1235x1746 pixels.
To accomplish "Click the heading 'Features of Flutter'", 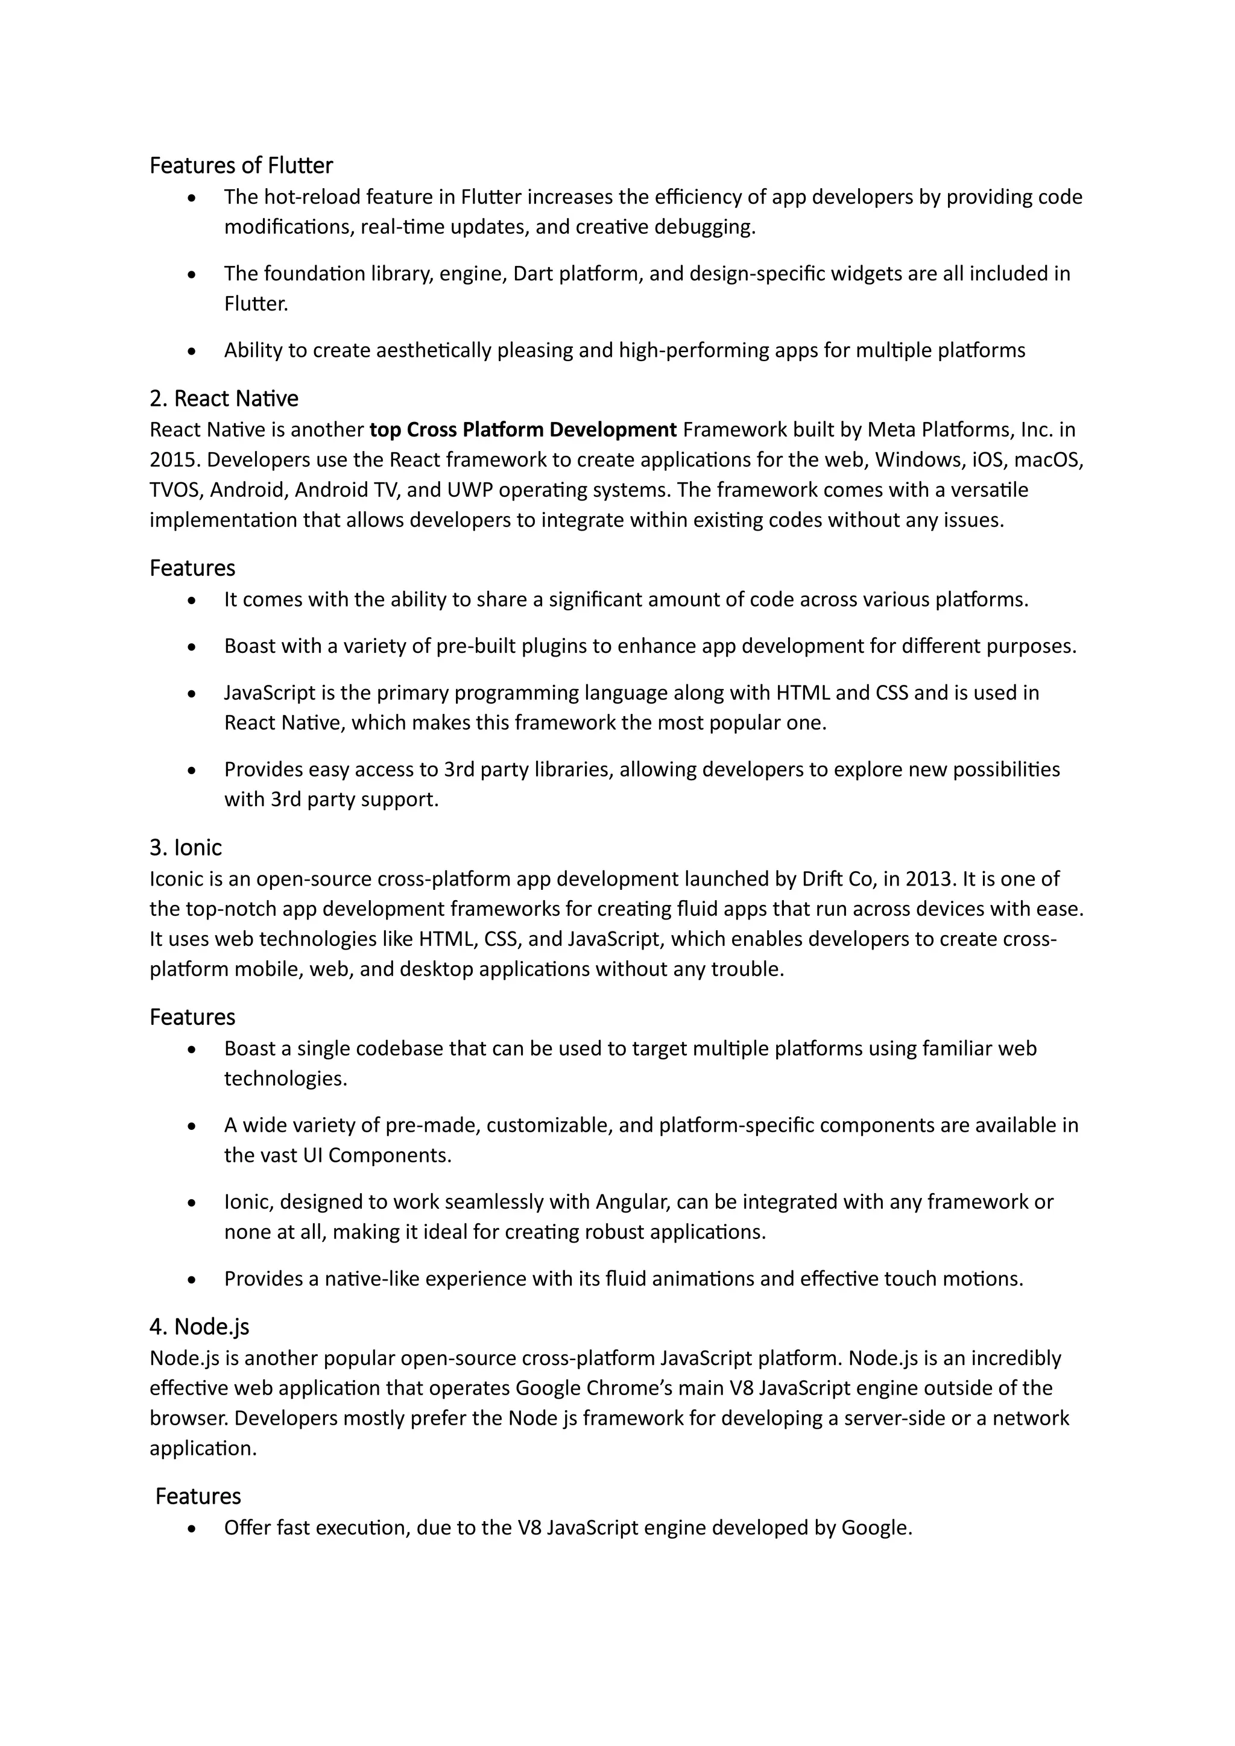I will [x=241, y=165].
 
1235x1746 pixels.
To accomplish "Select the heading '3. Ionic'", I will [x=186, y=847].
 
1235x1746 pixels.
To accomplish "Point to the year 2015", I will [x=175, y=460].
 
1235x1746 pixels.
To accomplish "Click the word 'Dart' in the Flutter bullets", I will [x=532, y=274].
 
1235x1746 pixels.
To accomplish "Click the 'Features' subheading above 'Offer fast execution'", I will [x=198, y=1496].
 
